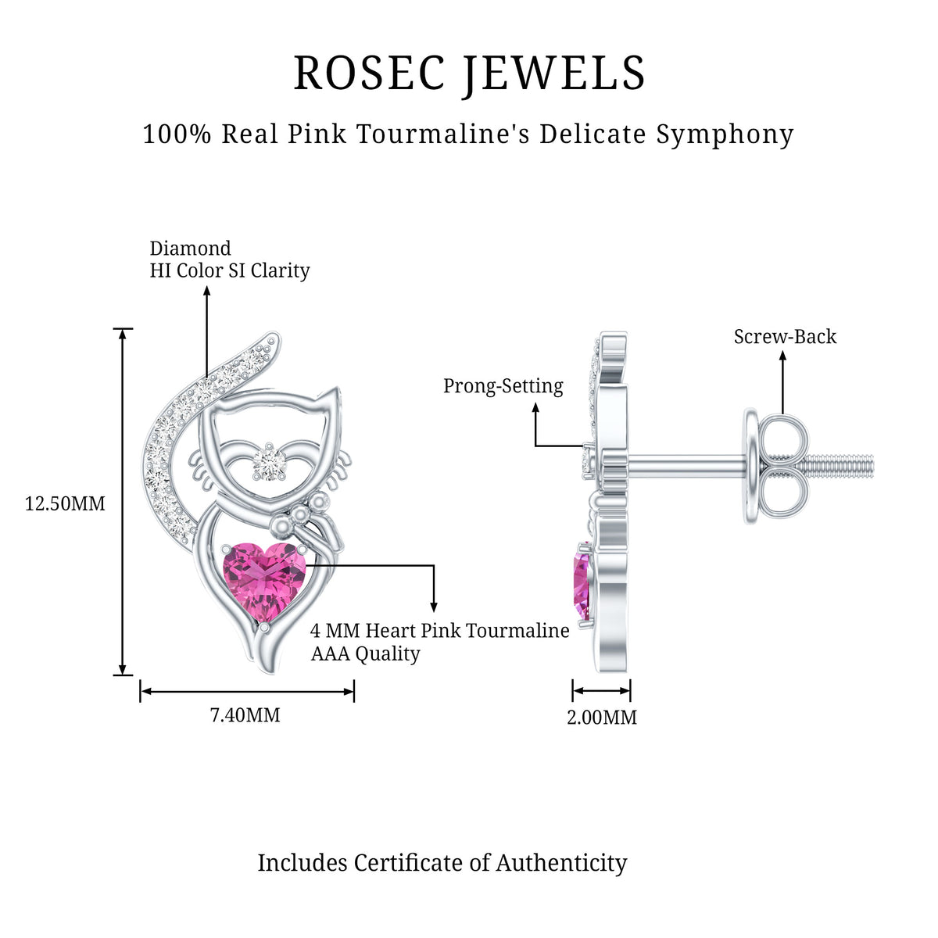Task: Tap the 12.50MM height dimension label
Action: click(x=65, y=504)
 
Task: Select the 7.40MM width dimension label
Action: click(x=245, y=715)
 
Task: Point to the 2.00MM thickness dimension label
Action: click(x=602, y=718)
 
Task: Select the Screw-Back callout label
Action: click(x=785, y=337)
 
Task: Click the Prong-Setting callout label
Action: click(x=503, y=386)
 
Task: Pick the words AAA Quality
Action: click(x=365, y=653)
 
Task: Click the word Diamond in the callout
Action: click(x=190, y=249)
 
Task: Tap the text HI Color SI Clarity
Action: click(x=229, y=270)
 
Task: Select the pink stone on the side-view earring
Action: click(x=582, y=583)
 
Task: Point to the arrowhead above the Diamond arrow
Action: click(x=207, y=291)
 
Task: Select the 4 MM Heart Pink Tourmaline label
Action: click(x=439, y=631)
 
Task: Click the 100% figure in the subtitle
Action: click(x=177, y=134)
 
